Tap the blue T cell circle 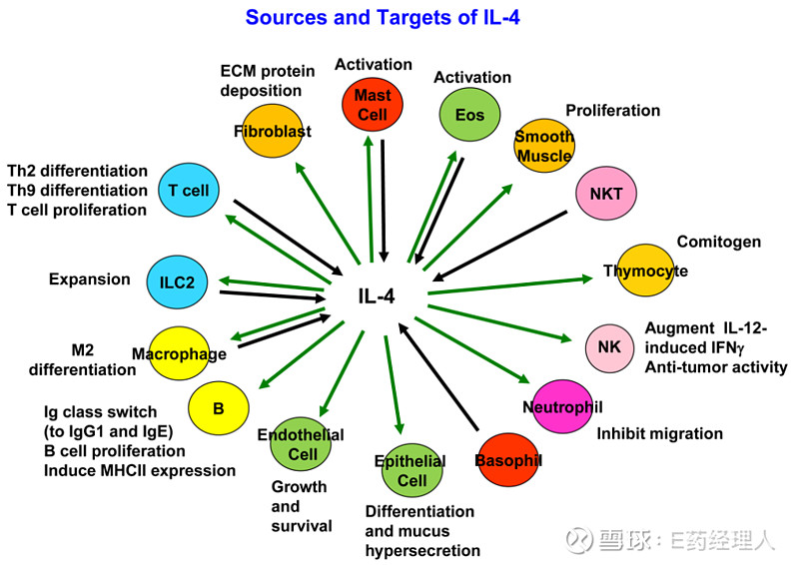pos(188,190)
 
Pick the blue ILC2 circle pos(177,283)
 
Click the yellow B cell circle pos(218,408)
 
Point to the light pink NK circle pos(609,346)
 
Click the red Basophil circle pos(507,460)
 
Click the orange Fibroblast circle pos(272,131)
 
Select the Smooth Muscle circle pos(544,146)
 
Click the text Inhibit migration pos(659,433)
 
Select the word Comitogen pos(719,242)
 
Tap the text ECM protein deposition pos(268,81)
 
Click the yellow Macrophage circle pos(180,353)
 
